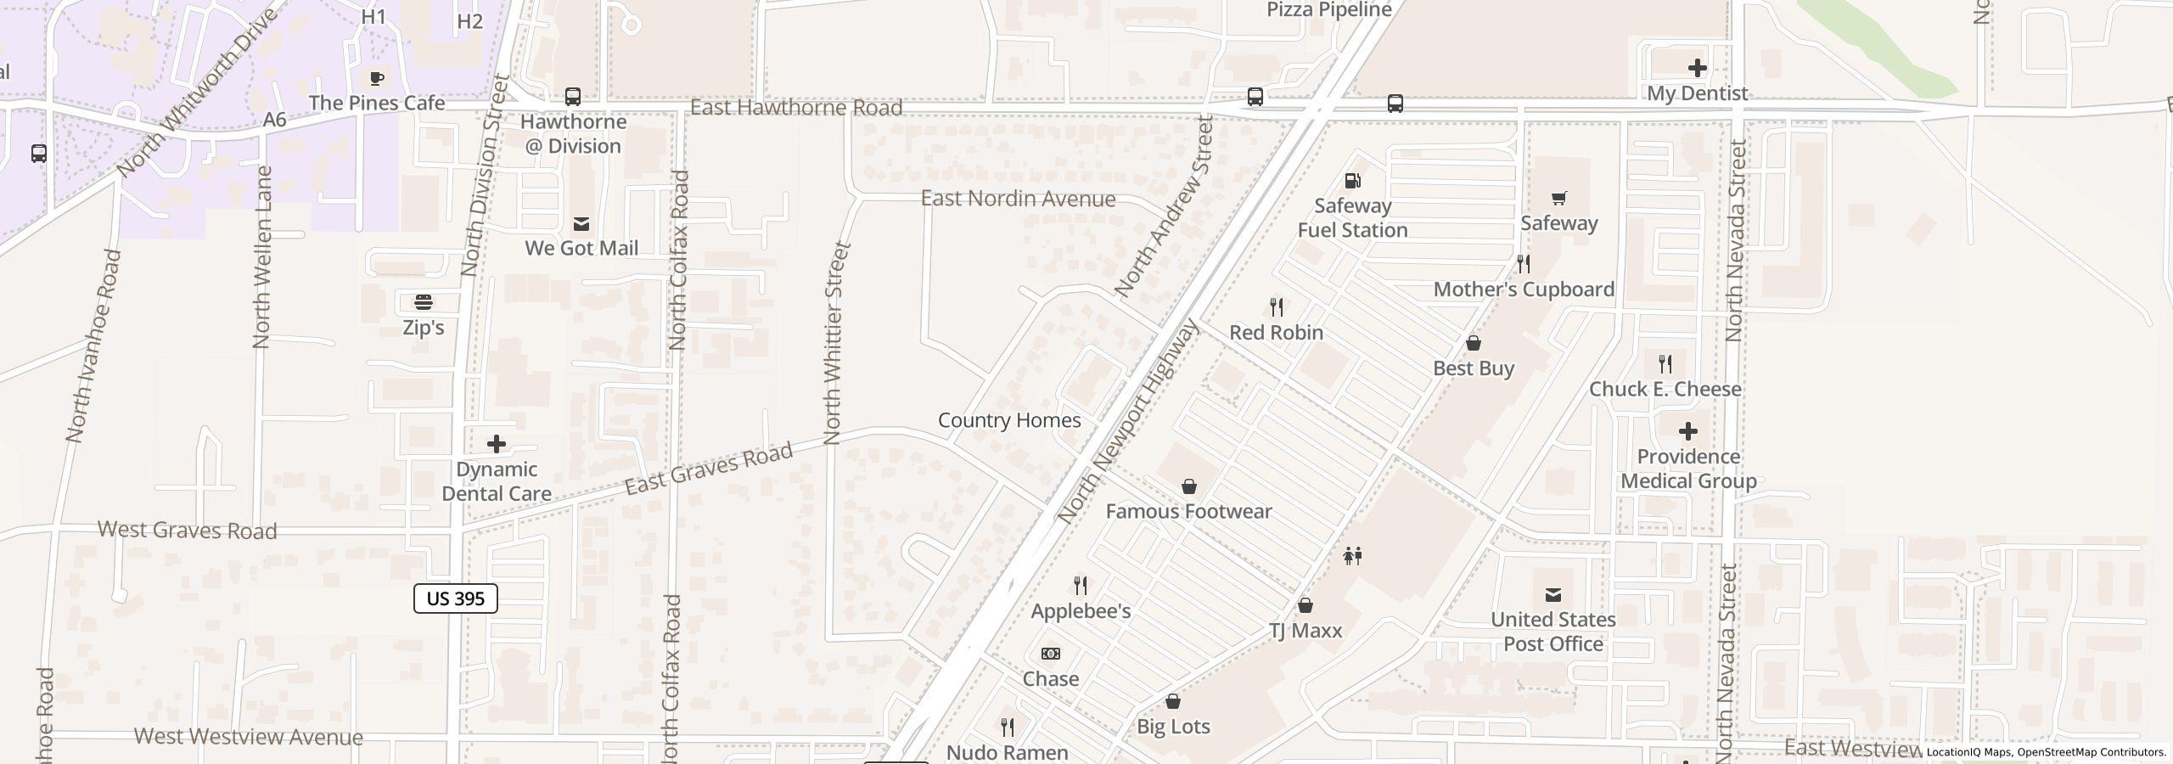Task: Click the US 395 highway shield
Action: [455, 598]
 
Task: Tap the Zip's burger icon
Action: [423, 302]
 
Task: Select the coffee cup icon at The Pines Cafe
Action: [377, 79]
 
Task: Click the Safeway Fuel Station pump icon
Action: [1352, 181]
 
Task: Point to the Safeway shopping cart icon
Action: [1558, 199]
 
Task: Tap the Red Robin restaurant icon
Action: [1276, 307]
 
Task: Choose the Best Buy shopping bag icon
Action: [1474, 343]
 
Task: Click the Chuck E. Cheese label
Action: [1665, 389]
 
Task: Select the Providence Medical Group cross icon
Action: [1688, 431]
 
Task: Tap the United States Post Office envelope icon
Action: [1553, 594]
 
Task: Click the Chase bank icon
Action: [1050, 654]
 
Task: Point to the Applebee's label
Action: [1081, 611]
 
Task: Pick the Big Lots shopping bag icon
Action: [1173, 701]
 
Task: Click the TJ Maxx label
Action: [1305, 631]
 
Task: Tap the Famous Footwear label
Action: [1188, 511]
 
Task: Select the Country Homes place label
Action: [1008, 420]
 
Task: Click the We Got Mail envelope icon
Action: [581, 223]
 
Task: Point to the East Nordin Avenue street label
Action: [1018, 199]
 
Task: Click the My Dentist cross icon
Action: [1697, 68]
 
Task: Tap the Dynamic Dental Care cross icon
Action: [497, 444]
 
